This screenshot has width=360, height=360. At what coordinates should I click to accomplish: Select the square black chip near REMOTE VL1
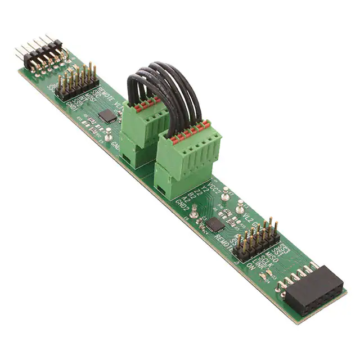pos(107,115)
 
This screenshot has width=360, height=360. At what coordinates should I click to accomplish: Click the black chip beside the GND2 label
pos(215,225)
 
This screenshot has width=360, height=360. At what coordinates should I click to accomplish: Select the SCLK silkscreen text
pos(259,258)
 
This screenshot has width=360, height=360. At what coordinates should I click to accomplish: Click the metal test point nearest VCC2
pos(225,194)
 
